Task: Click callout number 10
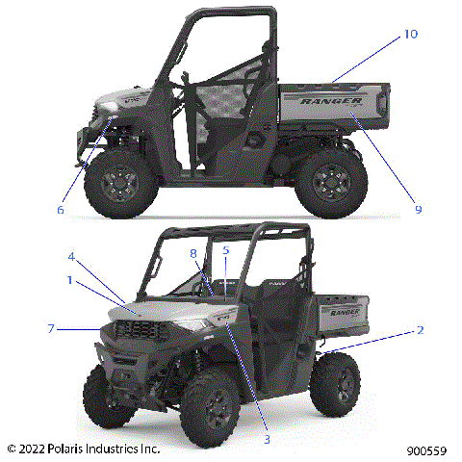tap(411, 35)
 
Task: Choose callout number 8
tap(193, 254)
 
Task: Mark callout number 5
tap(226, 250)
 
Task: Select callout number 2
tap(420, 330)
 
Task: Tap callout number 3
tap(268, 438)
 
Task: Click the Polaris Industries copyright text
tap(83, 449)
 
